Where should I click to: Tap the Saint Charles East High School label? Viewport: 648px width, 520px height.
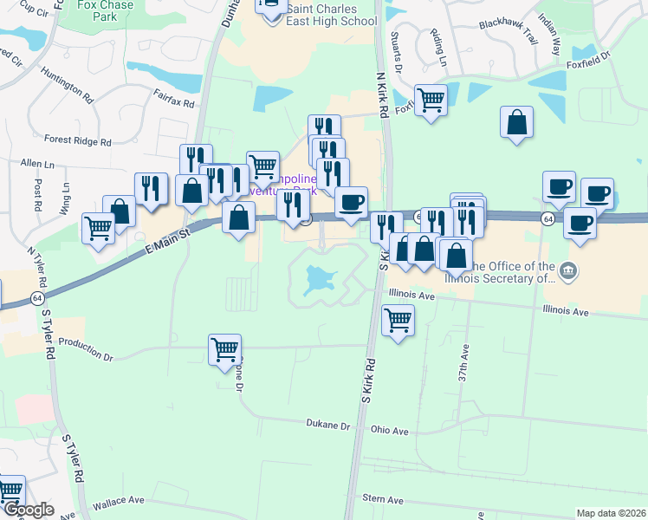pos(333,15)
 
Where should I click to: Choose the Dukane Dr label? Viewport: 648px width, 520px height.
pos(327,426)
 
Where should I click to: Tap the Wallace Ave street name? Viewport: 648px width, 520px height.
pos(118,501)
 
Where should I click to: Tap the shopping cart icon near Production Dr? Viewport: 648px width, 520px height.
pos(224,349)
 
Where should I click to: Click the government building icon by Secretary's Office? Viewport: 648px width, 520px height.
pos(568,271)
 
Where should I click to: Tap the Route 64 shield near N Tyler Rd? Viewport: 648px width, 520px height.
pos(36,297)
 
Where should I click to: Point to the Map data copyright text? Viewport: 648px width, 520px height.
pos(611,513)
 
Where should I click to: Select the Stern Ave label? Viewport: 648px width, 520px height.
pos(384,500)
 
